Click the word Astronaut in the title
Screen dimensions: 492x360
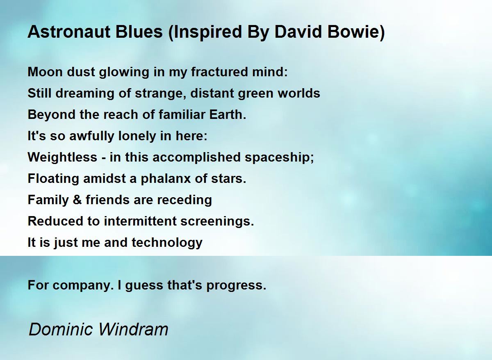click(x=69, y=32)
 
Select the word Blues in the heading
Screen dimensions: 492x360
click(x=139, y=32)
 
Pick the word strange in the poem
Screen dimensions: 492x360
click(x=160, y=93)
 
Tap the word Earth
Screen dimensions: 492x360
click(x=228, y=114)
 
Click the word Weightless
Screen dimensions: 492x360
click(x=62, y=157)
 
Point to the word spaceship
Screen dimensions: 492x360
click(x=279, y=158)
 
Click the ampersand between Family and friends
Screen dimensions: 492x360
click(x=77, y=200)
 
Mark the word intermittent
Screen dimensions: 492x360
click(x=140, y=221)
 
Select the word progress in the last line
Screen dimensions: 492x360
click(x=236, y=285)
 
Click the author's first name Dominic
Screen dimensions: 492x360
click(x=61, y=329)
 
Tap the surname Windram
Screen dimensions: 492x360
click(x=133, y=329)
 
